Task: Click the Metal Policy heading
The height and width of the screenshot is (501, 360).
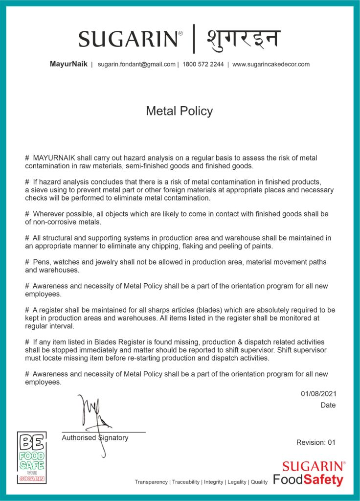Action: coord(180,111)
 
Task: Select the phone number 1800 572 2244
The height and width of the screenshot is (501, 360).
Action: coord(203,64)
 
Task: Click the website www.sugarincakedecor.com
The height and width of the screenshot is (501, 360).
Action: coord(271,64)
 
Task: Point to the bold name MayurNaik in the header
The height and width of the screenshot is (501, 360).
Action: coord(68,64)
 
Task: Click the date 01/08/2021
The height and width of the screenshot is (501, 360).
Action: coord(318,393)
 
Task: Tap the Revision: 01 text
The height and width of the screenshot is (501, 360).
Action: coord(316,442)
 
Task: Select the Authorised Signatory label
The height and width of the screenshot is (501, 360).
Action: coord(95,438)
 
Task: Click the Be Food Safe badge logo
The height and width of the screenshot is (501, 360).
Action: coord(32,457)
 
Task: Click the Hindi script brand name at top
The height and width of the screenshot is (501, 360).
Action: coord(243,38)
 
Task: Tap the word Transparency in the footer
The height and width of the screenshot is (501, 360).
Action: coord(151,482)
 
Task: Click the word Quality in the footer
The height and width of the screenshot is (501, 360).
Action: coord(259,482)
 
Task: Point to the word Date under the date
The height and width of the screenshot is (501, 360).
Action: coord(328,405)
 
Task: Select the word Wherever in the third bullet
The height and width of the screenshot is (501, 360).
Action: coord(48,214)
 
